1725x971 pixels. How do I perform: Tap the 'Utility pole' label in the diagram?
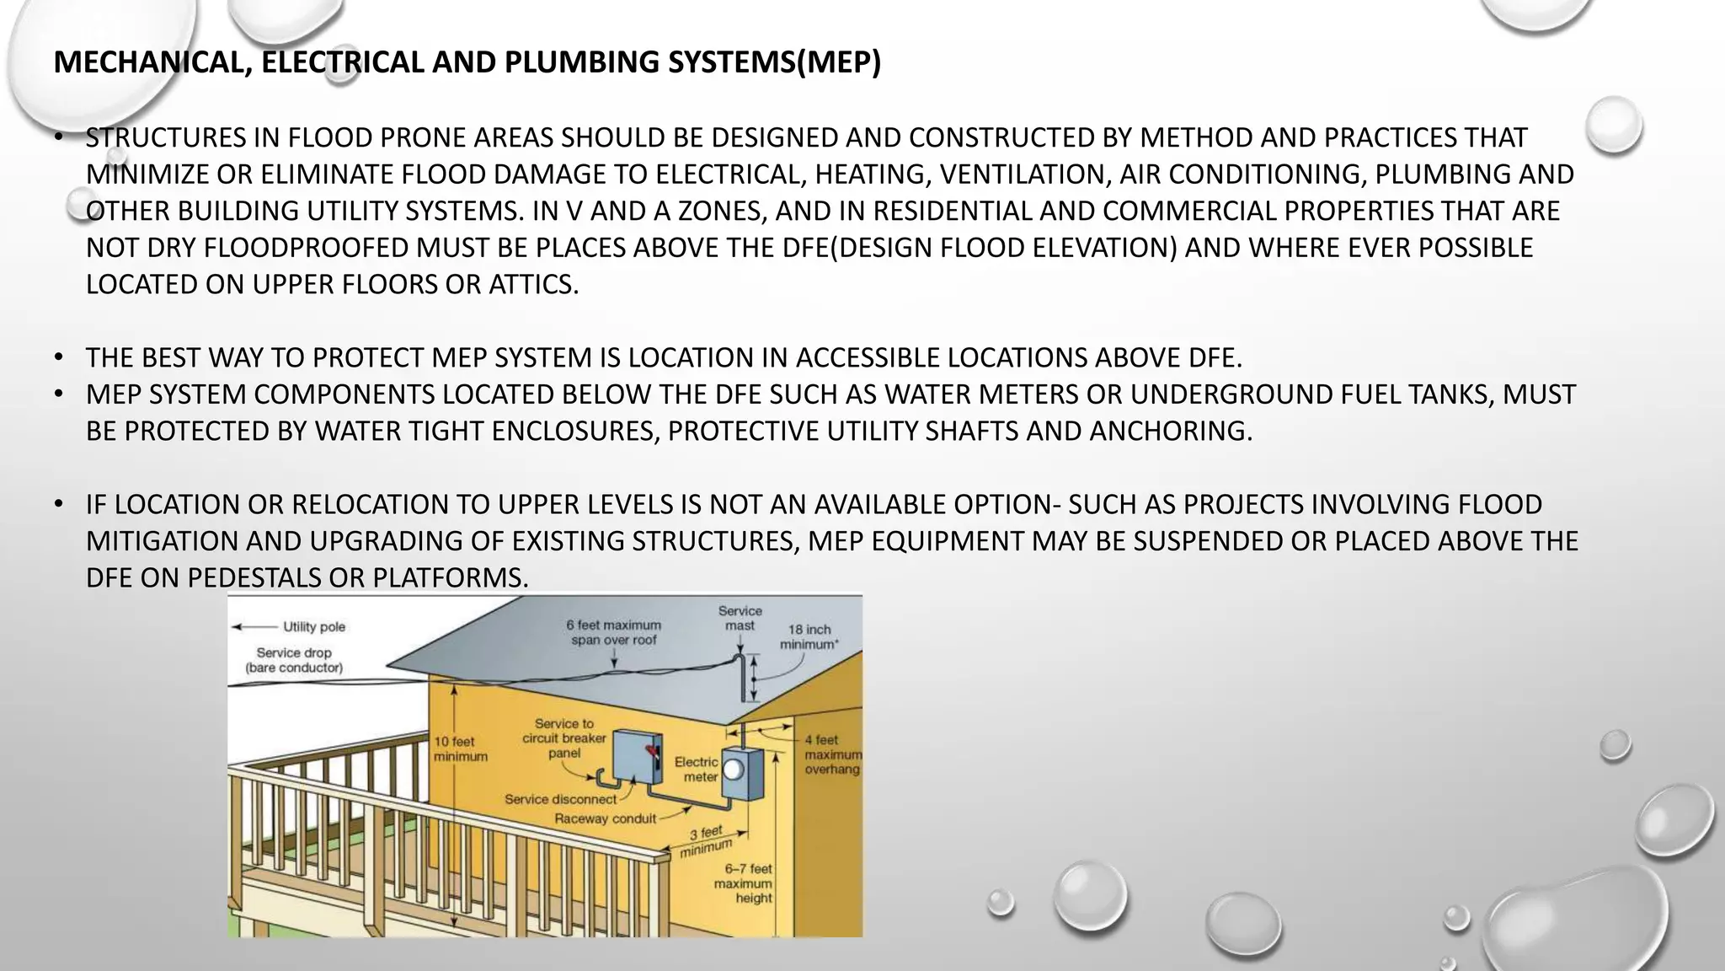click(x=313, y=627)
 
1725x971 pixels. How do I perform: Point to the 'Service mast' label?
click(x=740, y=618)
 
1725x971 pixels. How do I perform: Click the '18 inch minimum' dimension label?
click(x=809, y=636)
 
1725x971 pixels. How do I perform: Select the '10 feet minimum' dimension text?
click(x=460, y=748)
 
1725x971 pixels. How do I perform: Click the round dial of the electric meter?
click(x=733, y=769)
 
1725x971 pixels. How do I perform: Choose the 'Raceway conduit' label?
click(x=605, y=818)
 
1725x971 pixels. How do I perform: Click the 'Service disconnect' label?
click(x=560, y=799)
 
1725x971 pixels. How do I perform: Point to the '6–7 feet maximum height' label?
click(x=743, y=883)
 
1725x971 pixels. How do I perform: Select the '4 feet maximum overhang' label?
click(x=832, y=754)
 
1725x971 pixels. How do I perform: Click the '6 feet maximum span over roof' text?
click(x=613, y=632)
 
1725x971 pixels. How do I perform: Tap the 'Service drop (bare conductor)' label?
click(x=294, y=660)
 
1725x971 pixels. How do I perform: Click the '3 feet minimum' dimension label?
click(x=706, y=841)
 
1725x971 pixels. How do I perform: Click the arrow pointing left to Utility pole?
click(x=254, y=627)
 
